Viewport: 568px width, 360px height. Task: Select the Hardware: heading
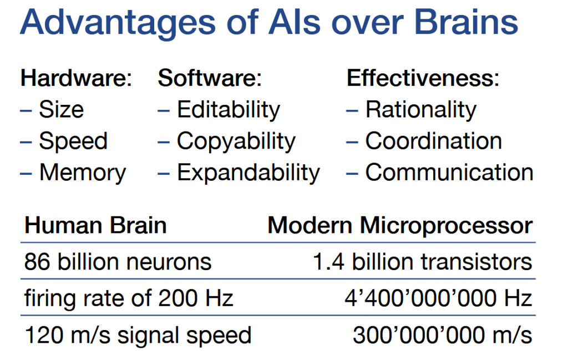[x=76, y=78]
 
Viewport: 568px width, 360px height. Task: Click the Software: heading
[x=210, y=78]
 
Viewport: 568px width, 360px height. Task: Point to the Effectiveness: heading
[x=423, y=78]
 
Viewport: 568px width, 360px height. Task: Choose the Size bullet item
[x=61, y=109]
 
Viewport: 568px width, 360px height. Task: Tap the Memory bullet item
[x=83, y=173]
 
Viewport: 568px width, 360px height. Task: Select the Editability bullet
[x=228, y=110]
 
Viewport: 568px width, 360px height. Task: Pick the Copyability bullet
[x=236, y=141]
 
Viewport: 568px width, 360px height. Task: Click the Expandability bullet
[x=248, y=173]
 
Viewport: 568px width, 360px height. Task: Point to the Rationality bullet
[x=421, y=110]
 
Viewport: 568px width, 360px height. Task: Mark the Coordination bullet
[x=434, y=140]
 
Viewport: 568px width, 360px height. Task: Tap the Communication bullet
[x=449, y=172]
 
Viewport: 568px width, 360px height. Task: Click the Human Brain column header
[x=95, y=225]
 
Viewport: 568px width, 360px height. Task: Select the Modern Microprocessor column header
[x=400, y=226]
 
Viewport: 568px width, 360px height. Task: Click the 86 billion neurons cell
[x=118, y=262]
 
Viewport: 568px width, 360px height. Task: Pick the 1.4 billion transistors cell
[x=422, y=262]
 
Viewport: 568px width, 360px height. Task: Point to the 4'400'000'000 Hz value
[x=438, y=298]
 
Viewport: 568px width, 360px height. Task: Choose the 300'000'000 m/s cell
[x=442, y=335]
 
